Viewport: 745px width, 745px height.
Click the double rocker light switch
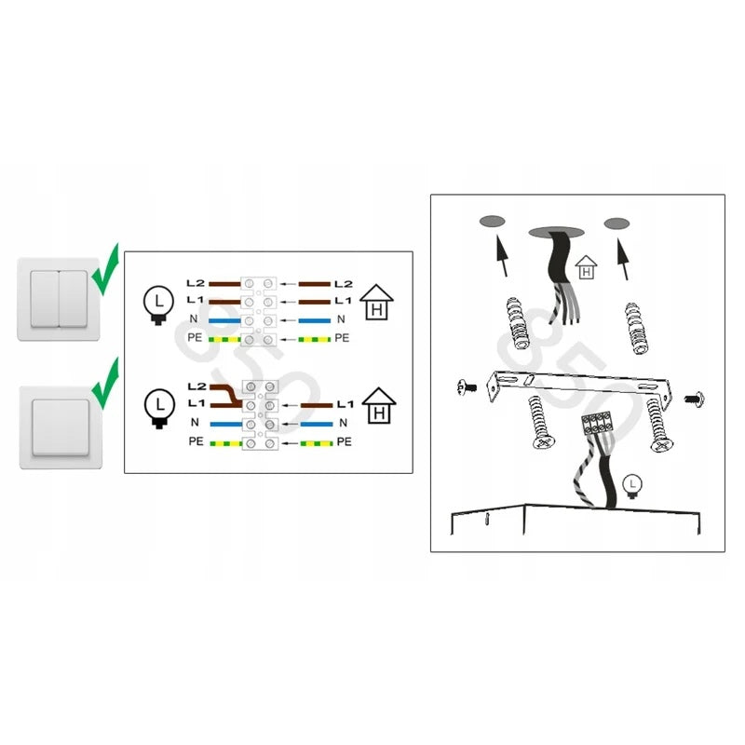point(59,299)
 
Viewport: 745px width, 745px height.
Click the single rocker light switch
point(61,427)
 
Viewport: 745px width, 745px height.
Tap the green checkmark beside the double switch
point(105,269)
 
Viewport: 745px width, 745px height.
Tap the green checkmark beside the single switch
point(105,384)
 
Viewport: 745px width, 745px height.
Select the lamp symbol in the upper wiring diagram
point(158,305)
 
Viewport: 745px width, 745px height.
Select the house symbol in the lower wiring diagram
point(379,406)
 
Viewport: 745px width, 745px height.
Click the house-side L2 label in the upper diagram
point(344,284)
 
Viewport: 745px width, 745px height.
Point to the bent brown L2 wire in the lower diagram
point(226,396)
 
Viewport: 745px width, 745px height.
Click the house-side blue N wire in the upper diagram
point(315,320)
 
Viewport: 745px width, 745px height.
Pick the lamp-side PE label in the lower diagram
point(196,441)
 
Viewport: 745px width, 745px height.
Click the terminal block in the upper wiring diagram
point(259,311)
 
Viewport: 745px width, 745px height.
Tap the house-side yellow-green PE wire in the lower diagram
point(317,444)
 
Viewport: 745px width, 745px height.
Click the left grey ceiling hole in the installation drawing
point(492,222)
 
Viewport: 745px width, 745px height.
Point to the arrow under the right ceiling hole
point(623,259)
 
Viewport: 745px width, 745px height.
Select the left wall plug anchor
point(517,323)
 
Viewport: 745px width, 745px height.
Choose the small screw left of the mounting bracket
point(467,387)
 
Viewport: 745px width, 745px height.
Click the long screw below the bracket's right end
point(657,426)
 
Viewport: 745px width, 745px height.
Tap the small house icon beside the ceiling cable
point(587,267)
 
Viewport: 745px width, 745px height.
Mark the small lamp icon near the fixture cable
point(632,486)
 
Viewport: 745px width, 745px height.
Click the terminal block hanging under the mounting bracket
point(596,424)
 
